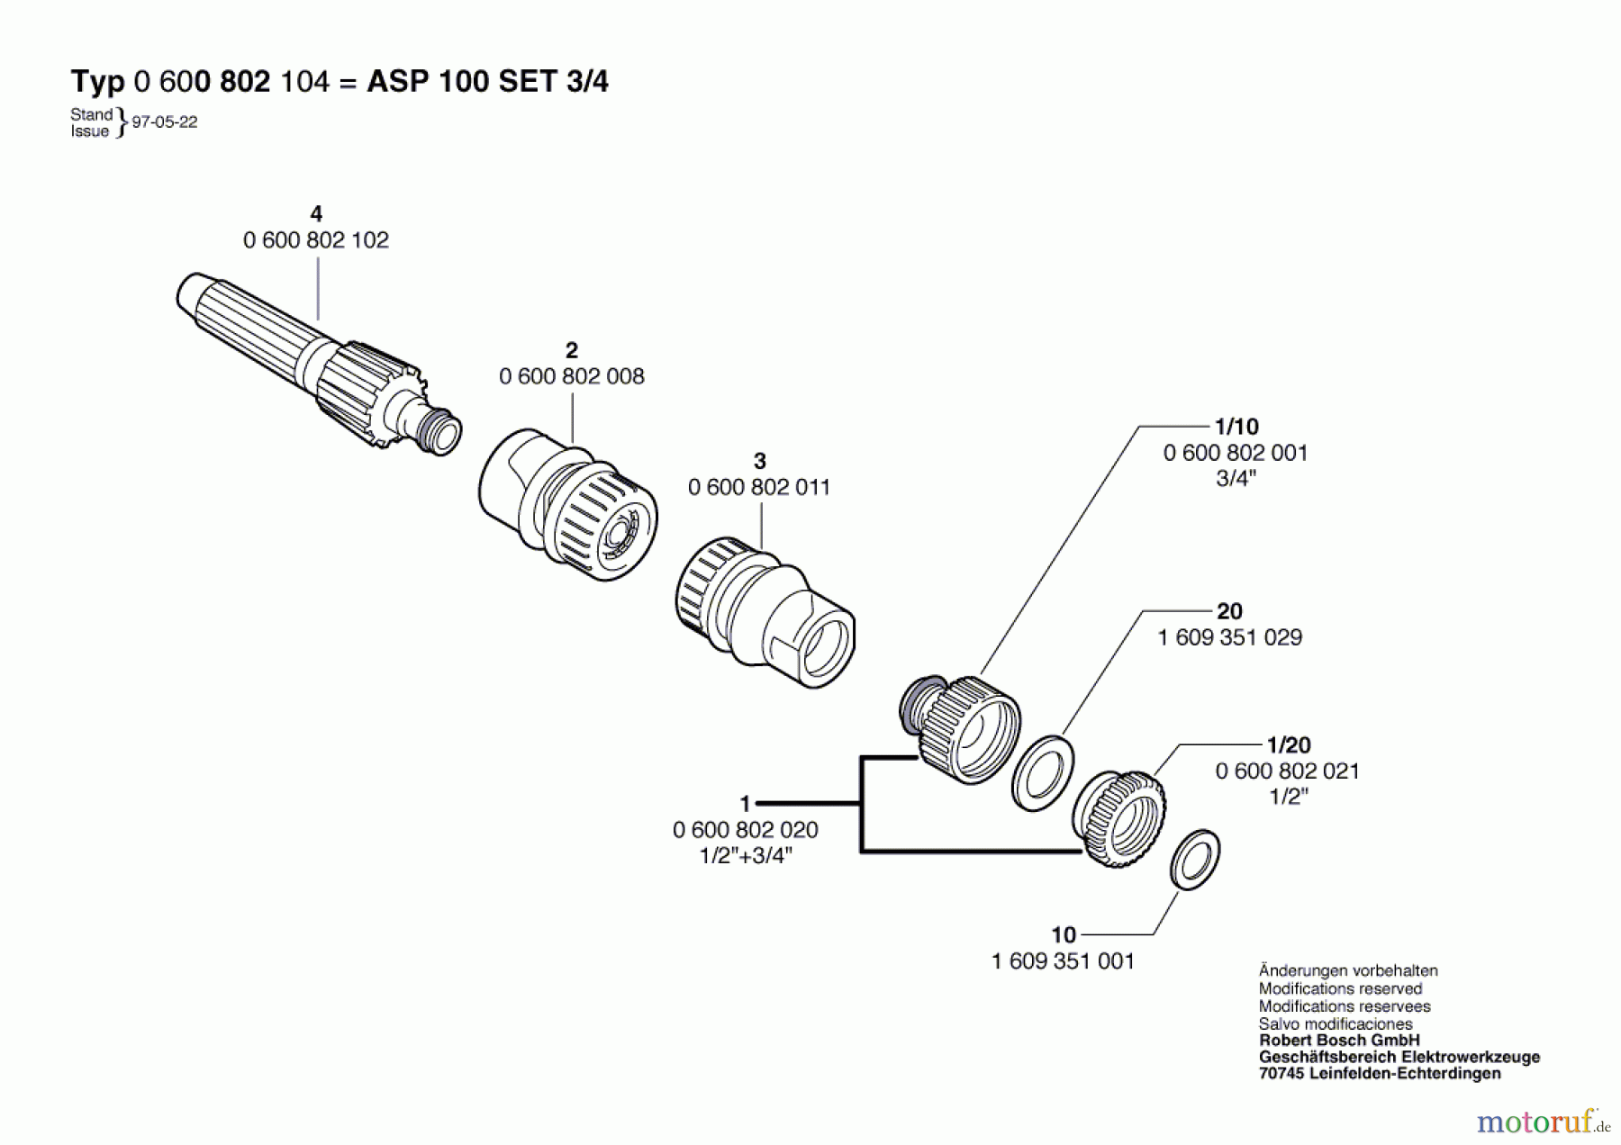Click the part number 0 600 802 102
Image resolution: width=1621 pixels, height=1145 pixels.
(x=315, y=240)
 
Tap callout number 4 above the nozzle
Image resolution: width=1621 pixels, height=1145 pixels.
(x=315, y=214)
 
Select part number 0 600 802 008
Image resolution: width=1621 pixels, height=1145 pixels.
(x=572, y=376)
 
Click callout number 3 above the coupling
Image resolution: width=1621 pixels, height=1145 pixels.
(x=759, y=462)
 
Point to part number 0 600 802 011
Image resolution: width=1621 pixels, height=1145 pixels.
(x=759, y=487)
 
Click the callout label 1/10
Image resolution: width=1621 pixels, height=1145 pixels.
(x=1236, y=427)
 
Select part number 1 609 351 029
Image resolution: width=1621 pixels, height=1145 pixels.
(x=1229, y=637)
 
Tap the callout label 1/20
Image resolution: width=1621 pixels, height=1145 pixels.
(x=1288, y=745)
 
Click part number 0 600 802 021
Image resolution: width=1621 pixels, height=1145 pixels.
(x=1287, y=771)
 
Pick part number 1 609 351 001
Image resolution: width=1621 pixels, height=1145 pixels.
(x=1063, y=961)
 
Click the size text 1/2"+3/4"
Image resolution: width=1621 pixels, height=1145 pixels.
(x=746, y=855)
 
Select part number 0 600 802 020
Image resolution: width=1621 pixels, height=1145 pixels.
(x=746, y=830)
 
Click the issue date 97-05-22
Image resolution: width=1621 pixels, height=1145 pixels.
(x=165, y=122)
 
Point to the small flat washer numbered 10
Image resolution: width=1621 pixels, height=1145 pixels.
(x=1195, y=860)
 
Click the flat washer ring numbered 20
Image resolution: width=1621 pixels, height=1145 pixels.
(x=1043, y=772)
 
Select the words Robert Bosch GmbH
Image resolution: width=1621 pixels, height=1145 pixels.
(x=1338, y=1040)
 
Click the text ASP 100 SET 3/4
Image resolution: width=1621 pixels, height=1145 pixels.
(x=487, y=82)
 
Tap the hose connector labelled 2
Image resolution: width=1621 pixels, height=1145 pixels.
(x=567, y=504)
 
